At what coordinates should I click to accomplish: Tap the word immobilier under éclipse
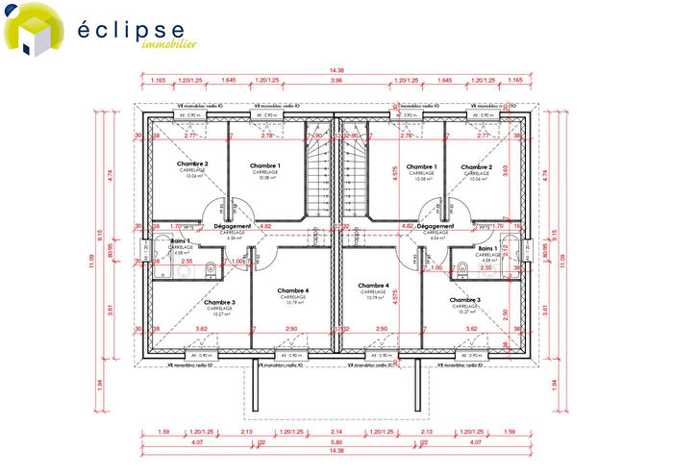click(x=169, y=44)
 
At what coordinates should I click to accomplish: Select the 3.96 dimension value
click(x=335, y=80)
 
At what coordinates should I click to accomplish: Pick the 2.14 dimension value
click(x=335, y=432)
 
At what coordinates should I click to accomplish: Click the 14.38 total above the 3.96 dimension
click(x=335, y=70)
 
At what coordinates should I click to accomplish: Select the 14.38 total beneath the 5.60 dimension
click(x=335, y=451)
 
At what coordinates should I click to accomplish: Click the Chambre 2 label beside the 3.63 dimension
click(x=476, y=165)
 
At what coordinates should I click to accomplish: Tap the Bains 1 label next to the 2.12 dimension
click(x=489, y=248)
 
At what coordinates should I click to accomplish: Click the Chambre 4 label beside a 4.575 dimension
click(x=373, y=286)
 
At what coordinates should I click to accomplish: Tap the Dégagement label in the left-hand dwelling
click(x=233, y=227)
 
